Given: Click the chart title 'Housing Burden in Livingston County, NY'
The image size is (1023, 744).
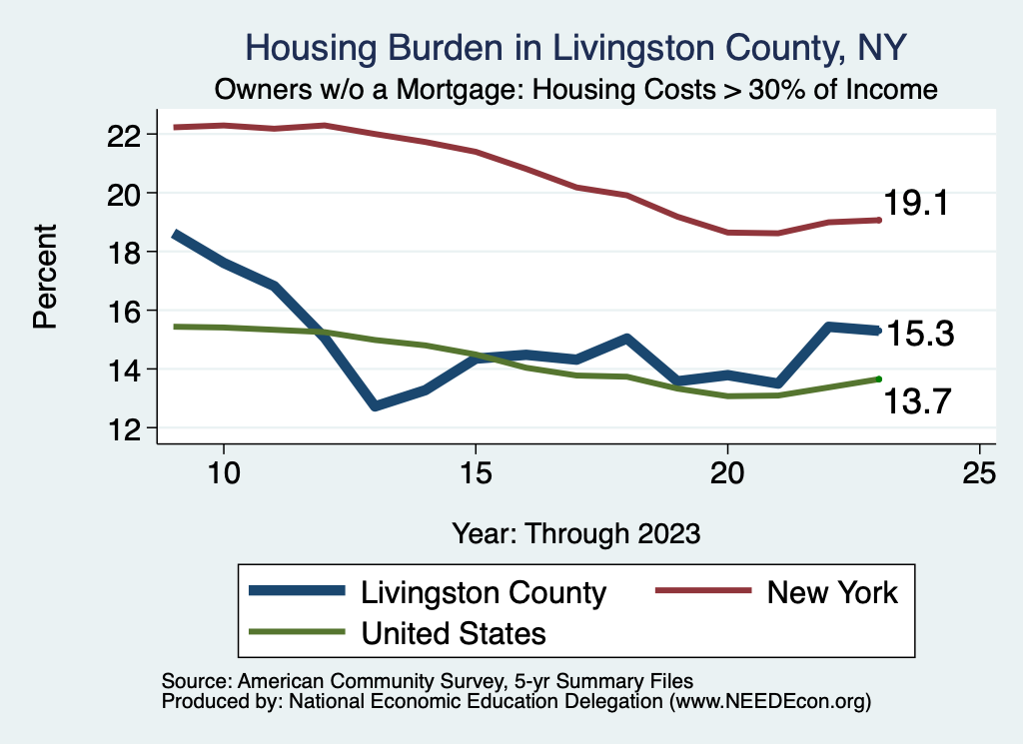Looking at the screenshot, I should click(x=575, y=48).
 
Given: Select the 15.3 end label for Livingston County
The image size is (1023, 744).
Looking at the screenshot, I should click(x=920, y=334).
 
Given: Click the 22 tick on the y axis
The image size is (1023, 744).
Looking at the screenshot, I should click(x=129, y=134).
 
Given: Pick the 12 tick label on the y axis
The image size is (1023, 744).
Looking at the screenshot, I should click(x=129, y=428).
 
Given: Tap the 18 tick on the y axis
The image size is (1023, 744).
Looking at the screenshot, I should click(x=129, y=252).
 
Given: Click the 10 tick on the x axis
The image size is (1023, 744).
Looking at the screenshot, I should click(x=224, y=472).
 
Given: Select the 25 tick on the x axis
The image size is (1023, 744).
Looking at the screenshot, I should click(x=979, y=472).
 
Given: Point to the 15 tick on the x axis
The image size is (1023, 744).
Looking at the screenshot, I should click(x=476, y=472).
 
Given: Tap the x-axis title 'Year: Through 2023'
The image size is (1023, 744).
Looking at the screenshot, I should click(x=575, y=531).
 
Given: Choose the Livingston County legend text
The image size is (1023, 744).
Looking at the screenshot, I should click(x=484, y=592).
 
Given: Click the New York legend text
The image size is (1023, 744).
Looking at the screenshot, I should click(x=832, y=592).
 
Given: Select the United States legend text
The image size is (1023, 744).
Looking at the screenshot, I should click(x=454, y=632).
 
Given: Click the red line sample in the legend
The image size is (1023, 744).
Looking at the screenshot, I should click(x=701, y=591).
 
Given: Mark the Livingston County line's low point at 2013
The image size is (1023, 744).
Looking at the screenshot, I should click(x=375, y=405).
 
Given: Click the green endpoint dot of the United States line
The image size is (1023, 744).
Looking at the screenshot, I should click(x=878, y=378).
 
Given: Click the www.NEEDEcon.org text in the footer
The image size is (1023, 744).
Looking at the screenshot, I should click(x=770, y=702).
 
